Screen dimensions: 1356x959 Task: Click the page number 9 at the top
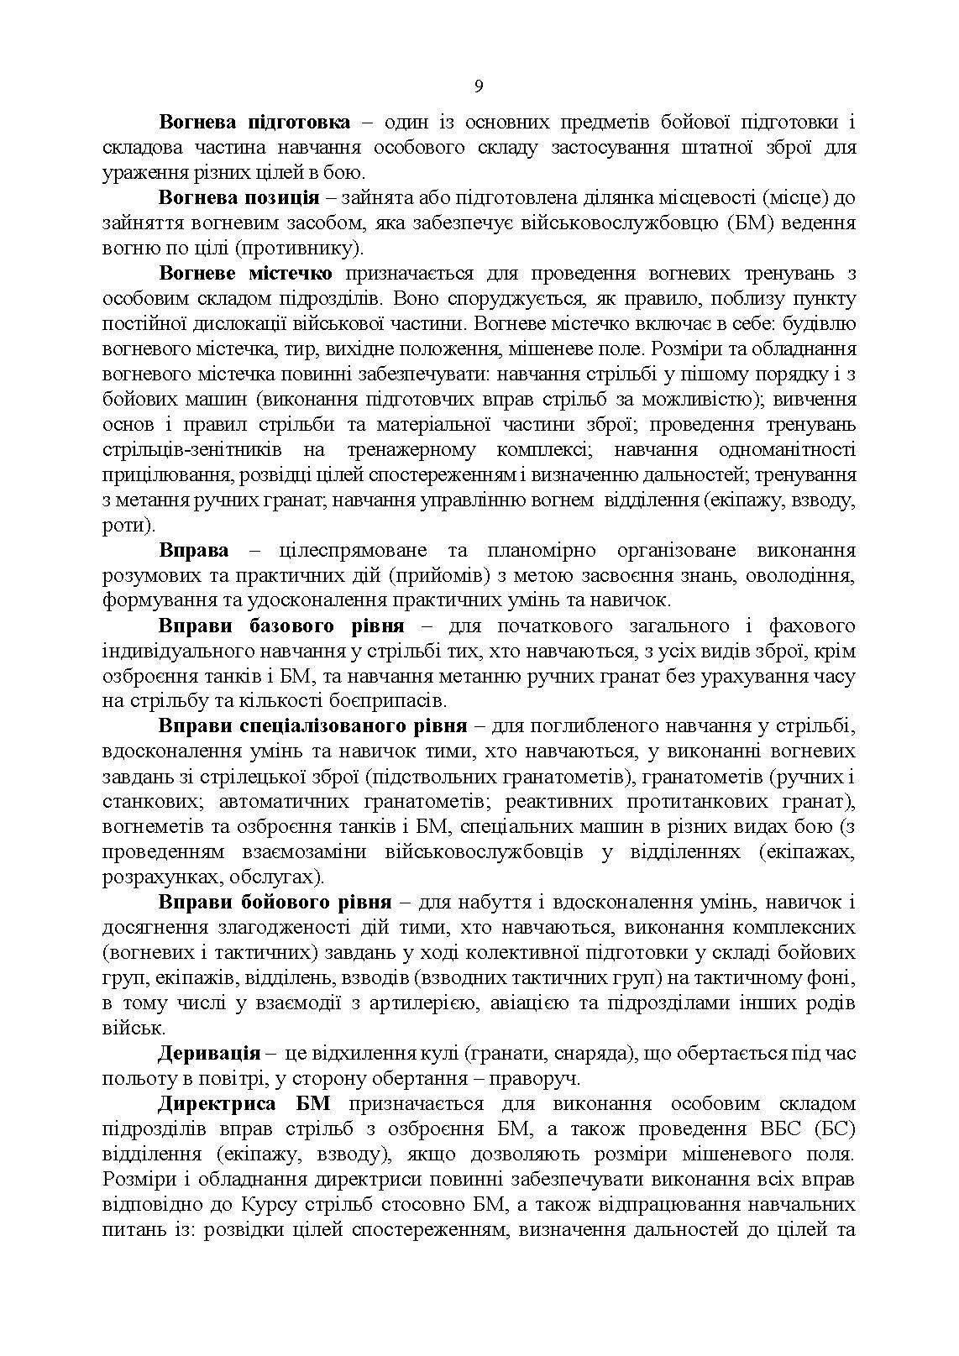pyautogui.click(x=479, y=87)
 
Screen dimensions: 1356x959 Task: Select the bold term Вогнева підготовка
pyautogui.click(x=254, y=123)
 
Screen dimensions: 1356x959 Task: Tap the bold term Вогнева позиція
pyautogui.click(x=238, y=198)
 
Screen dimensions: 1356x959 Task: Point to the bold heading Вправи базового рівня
pyautogui.click(x=281, y=626)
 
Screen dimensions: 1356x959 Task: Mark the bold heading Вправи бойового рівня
pyautogui.click(x=275, y=903)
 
